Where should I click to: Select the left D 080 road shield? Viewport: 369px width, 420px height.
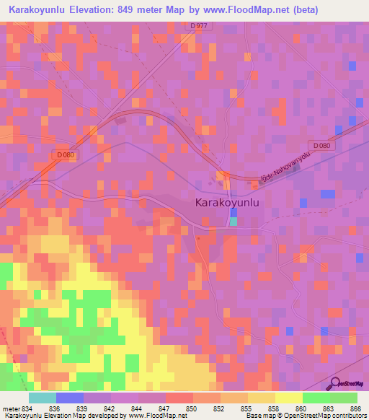coord(65,154)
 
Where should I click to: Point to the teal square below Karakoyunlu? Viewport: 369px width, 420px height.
coord(233,221)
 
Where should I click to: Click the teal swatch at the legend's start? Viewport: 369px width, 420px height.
coord(43,398)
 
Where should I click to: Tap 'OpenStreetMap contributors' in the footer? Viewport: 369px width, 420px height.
coord(324,416)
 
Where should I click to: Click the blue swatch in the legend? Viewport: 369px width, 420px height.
coord(70,398)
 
